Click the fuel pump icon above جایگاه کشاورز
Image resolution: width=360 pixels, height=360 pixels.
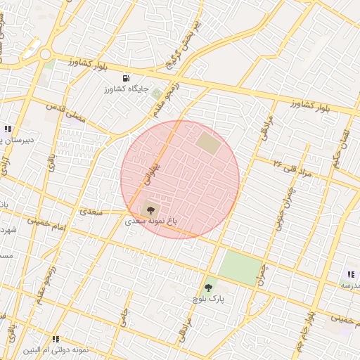pos(126,78)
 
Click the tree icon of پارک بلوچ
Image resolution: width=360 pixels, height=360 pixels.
pos(207,287)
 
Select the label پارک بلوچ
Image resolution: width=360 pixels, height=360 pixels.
pos(207,299)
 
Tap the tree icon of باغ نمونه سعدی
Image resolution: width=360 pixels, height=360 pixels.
pos(149,208)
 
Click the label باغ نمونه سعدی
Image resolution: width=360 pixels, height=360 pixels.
pos(150,221)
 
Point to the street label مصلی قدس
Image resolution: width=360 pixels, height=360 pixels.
pos(65,112)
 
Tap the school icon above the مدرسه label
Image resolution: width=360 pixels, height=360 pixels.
pos(351,274)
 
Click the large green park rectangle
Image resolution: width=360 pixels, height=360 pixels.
pos(239,268)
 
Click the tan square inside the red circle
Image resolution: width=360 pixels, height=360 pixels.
pos(207,143)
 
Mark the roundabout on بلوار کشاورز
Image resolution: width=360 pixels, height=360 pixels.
pos(46,53)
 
